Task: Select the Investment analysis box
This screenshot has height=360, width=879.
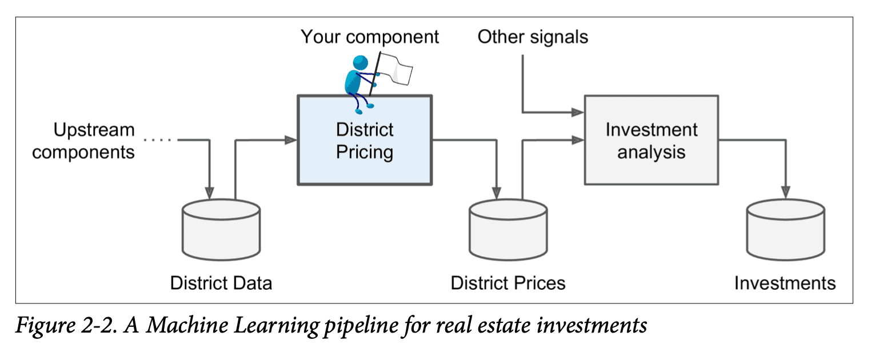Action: click(x=651, y=140)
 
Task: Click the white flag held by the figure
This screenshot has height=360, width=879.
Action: click(x=398, y=65)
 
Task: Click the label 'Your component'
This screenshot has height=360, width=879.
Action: click(x=370, y=37)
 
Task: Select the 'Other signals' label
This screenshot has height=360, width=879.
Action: click(x=533, y=37)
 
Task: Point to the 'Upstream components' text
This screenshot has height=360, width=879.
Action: click(x=83, y=141)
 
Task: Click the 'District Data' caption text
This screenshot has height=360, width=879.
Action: click(x=221, y=283)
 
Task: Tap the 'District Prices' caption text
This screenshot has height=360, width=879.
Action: click(x=508, y=283)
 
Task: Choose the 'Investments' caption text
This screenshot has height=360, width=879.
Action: click(x=785, y=283)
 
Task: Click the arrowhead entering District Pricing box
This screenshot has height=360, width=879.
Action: click(x=291, y=139)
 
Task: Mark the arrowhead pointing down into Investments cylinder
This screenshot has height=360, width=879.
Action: click(x=786, y=193)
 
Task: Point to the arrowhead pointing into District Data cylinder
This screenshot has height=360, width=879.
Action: click(x=210, y=193)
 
